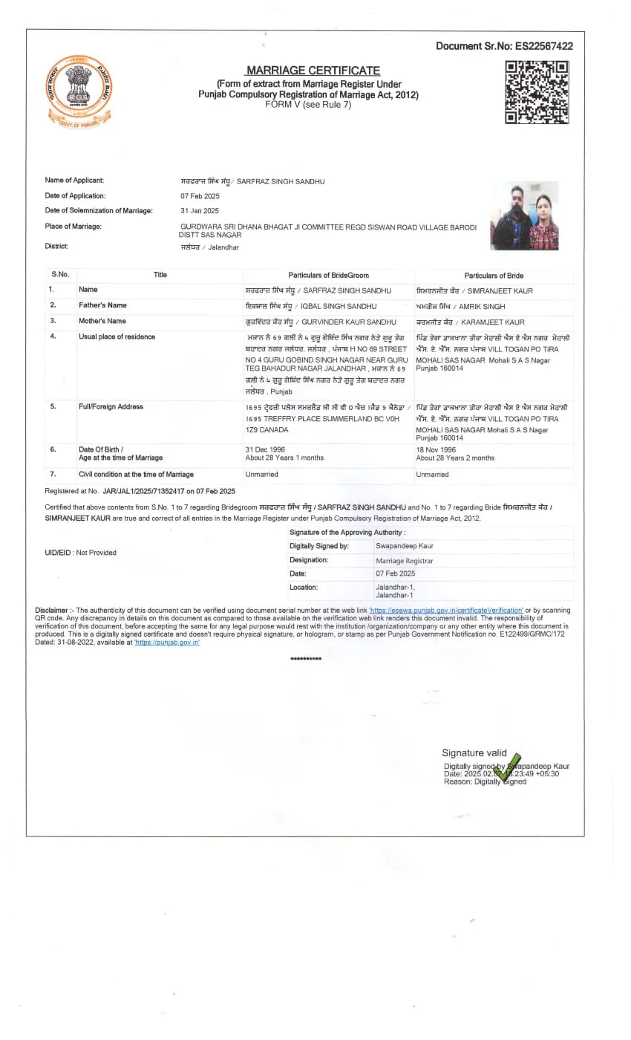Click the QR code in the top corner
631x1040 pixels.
[x=537, y=92]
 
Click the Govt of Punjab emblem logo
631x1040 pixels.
[x=79, y=91]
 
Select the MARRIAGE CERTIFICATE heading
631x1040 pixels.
[x=313, y=70]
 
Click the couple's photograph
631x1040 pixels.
[x=524, y=215]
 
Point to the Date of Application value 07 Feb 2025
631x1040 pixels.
[x=200, y=196]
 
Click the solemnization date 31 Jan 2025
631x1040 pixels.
[x=200, y=211]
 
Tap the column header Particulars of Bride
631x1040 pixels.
[x=494, y=276]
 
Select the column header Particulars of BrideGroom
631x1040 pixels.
[x=328, y=276]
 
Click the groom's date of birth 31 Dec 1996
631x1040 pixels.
[x=265, y=449]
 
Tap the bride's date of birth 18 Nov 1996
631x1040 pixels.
[x=437, y=449]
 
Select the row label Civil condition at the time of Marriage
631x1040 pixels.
[x=136, y=475]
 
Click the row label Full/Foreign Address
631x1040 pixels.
[x=111, y=407]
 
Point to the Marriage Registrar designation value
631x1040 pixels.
[x=405, y=561]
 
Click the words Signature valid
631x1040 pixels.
[x=474, y=753]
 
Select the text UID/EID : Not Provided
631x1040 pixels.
[x=81, y=553]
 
